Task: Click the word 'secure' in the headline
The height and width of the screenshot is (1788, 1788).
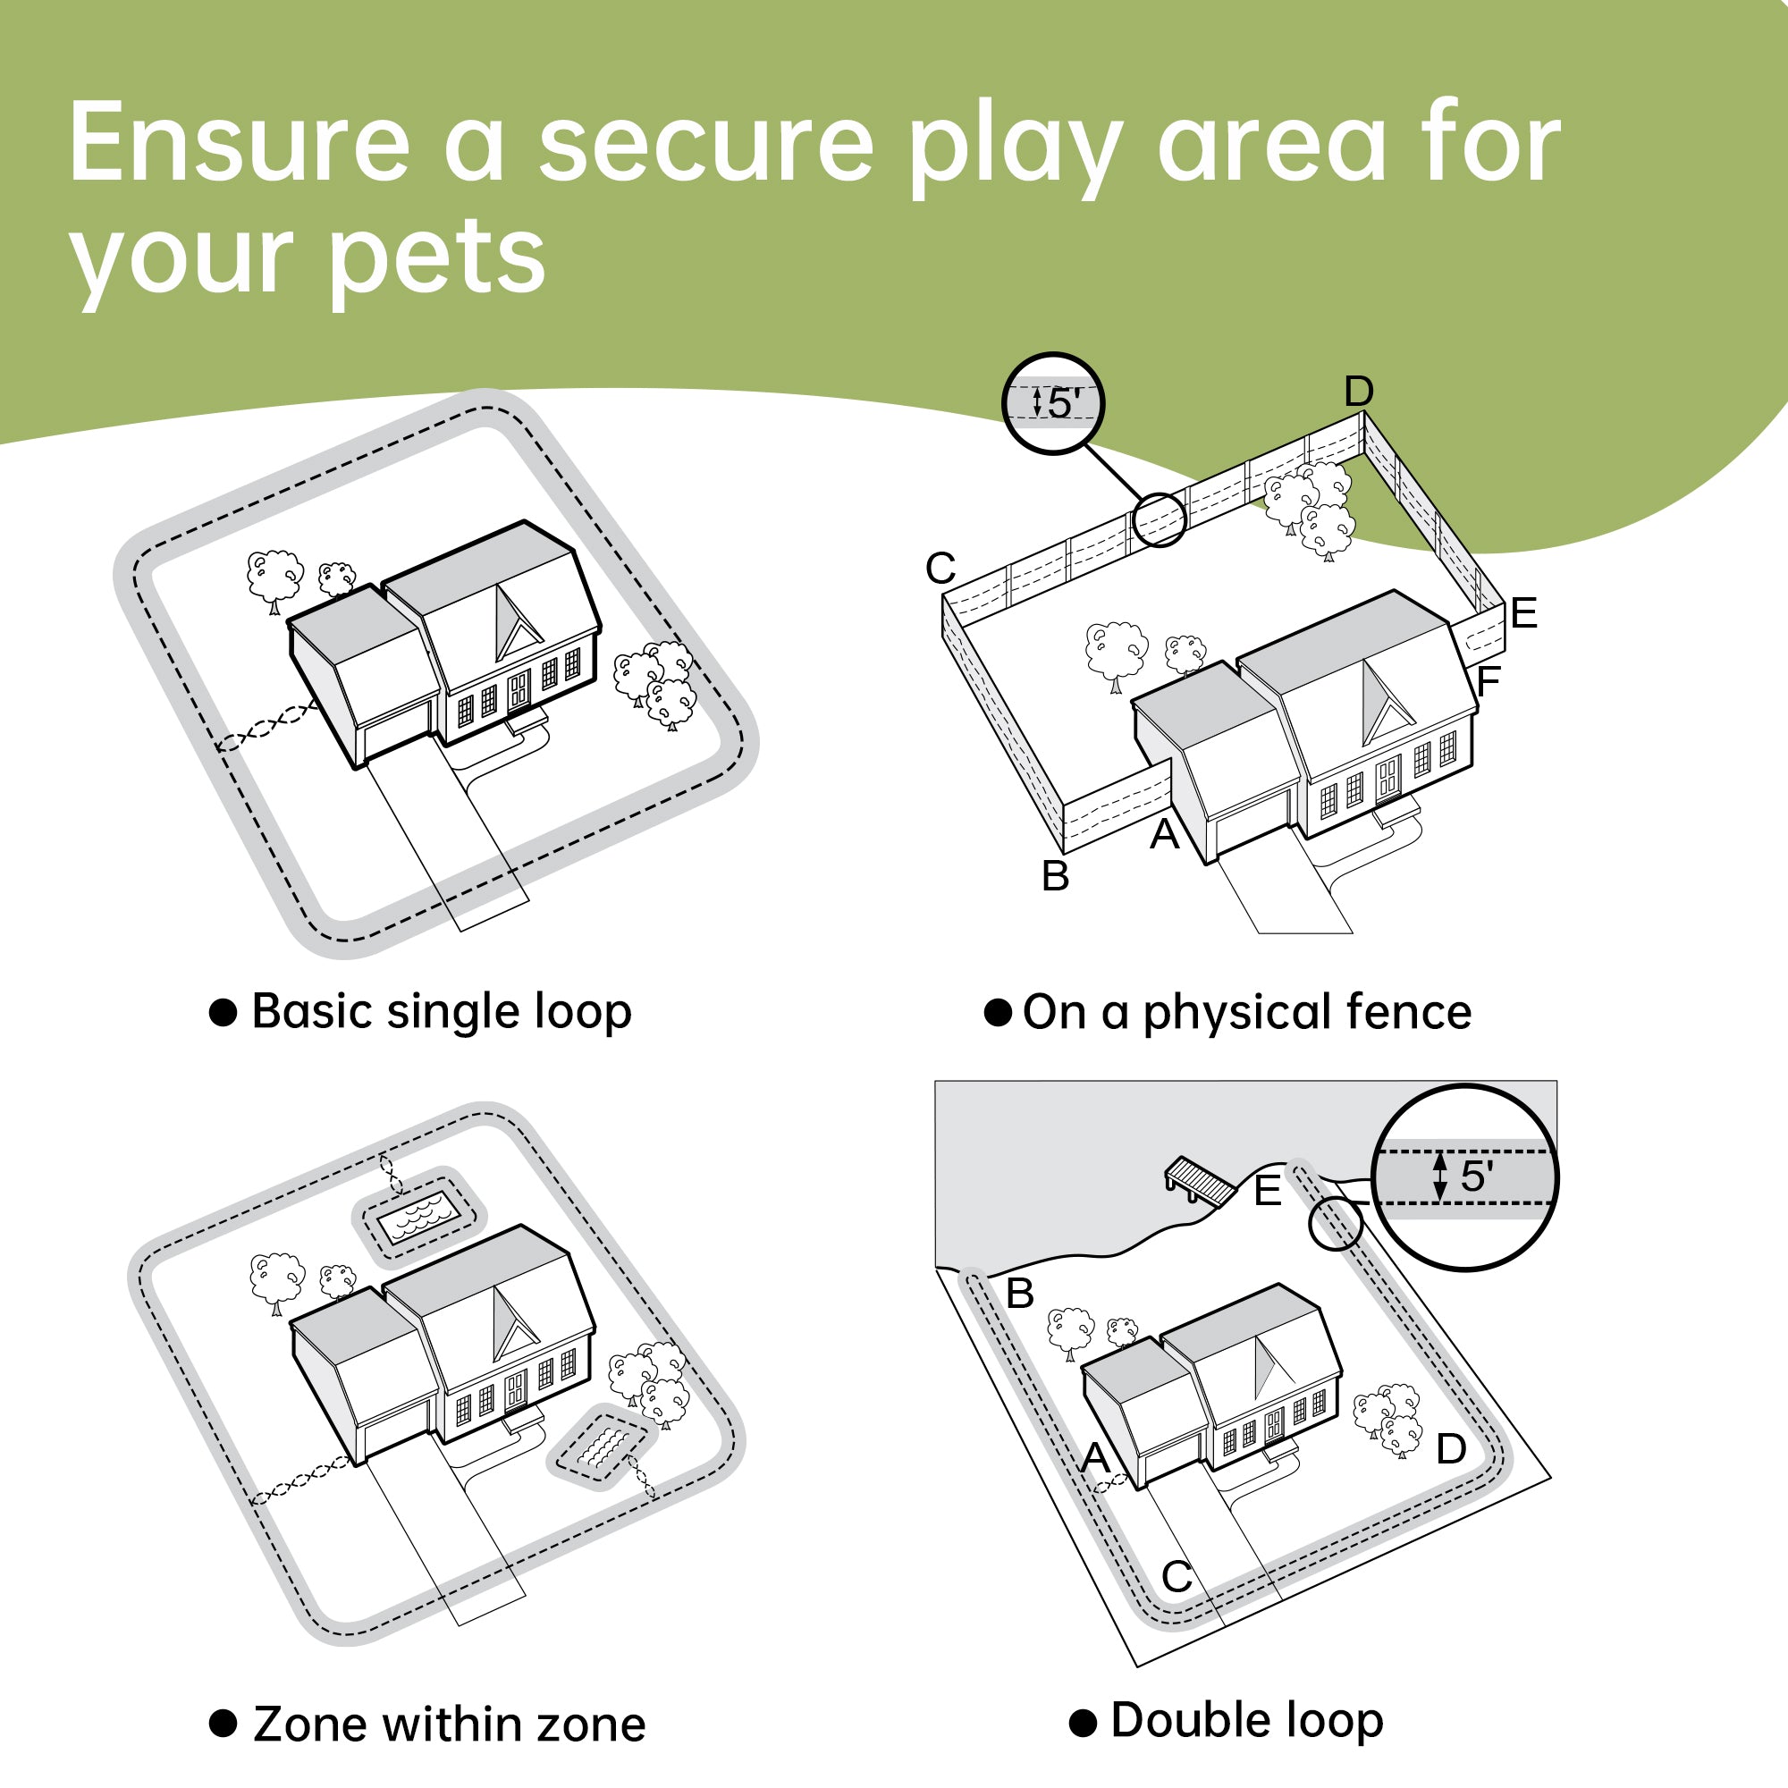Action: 705,144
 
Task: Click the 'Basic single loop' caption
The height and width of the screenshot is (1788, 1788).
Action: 442,1011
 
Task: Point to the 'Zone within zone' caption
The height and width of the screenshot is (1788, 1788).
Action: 449,1725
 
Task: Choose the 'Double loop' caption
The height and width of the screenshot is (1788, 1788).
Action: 1246,1720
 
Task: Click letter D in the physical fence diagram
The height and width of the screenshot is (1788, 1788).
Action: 1359,392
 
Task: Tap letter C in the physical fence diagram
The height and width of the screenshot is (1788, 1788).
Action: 940,569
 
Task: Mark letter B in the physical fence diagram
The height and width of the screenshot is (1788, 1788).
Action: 1055,876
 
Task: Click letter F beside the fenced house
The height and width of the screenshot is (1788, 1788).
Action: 1489,682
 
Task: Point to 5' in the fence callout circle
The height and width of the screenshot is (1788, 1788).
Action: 1064,403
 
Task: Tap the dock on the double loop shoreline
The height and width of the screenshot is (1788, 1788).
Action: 1201,1180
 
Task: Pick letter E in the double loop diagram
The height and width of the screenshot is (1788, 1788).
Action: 1267,1191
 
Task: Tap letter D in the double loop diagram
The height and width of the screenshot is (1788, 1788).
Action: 1450,1449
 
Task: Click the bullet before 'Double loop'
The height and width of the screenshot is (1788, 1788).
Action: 1083,1724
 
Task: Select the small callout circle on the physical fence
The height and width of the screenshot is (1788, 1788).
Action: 1160,520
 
